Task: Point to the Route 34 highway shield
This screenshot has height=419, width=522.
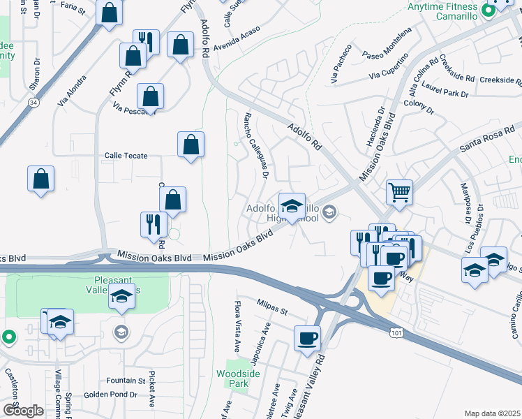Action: tap(33, 102)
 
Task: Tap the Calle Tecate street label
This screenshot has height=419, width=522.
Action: tap(126, 156)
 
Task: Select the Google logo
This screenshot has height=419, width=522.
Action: tap(24, 410)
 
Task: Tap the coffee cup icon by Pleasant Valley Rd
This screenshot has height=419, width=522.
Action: tap(308, 339)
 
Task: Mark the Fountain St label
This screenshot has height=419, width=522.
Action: tap(126, 381)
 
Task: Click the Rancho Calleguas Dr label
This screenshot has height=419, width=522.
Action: tap(255, 145)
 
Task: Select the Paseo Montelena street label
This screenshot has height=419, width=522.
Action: tap(388, 52)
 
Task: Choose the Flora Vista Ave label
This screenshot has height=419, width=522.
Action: tap(237, 327)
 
